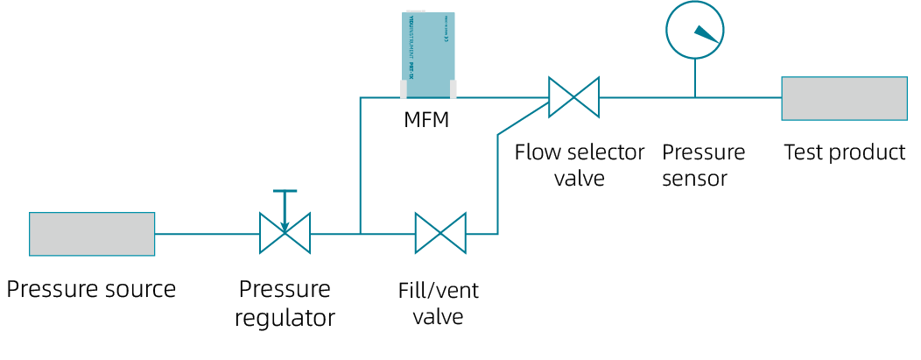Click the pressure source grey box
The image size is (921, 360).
(x=92, y=234)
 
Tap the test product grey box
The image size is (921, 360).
(x=844, y=98)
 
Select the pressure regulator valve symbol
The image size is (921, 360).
(x=285, y=234)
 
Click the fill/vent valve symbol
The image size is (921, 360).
(x=440, y=234)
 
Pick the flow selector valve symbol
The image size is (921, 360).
(x=573, y=96)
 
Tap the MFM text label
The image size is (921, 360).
(x=426, y=120)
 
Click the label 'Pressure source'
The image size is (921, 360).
(x=92, y=289)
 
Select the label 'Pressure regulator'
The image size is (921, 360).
(x=285, y=302)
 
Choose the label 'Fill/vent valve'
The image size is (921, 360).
(x=438, y=302)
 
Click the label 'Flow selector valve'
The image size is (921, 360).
(x=579, y=165)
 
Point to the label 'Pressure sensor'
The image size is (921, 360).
(x=703, y=165)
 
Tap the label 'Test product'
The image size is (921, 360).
(x=844, y=152)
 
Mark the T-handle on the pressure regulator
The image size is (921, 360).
(x=285, y=192)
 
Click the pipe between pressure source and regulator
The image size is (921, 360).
(x=207, y=234)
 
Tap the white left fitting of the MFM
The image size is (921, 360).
(x=404, y=88)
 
